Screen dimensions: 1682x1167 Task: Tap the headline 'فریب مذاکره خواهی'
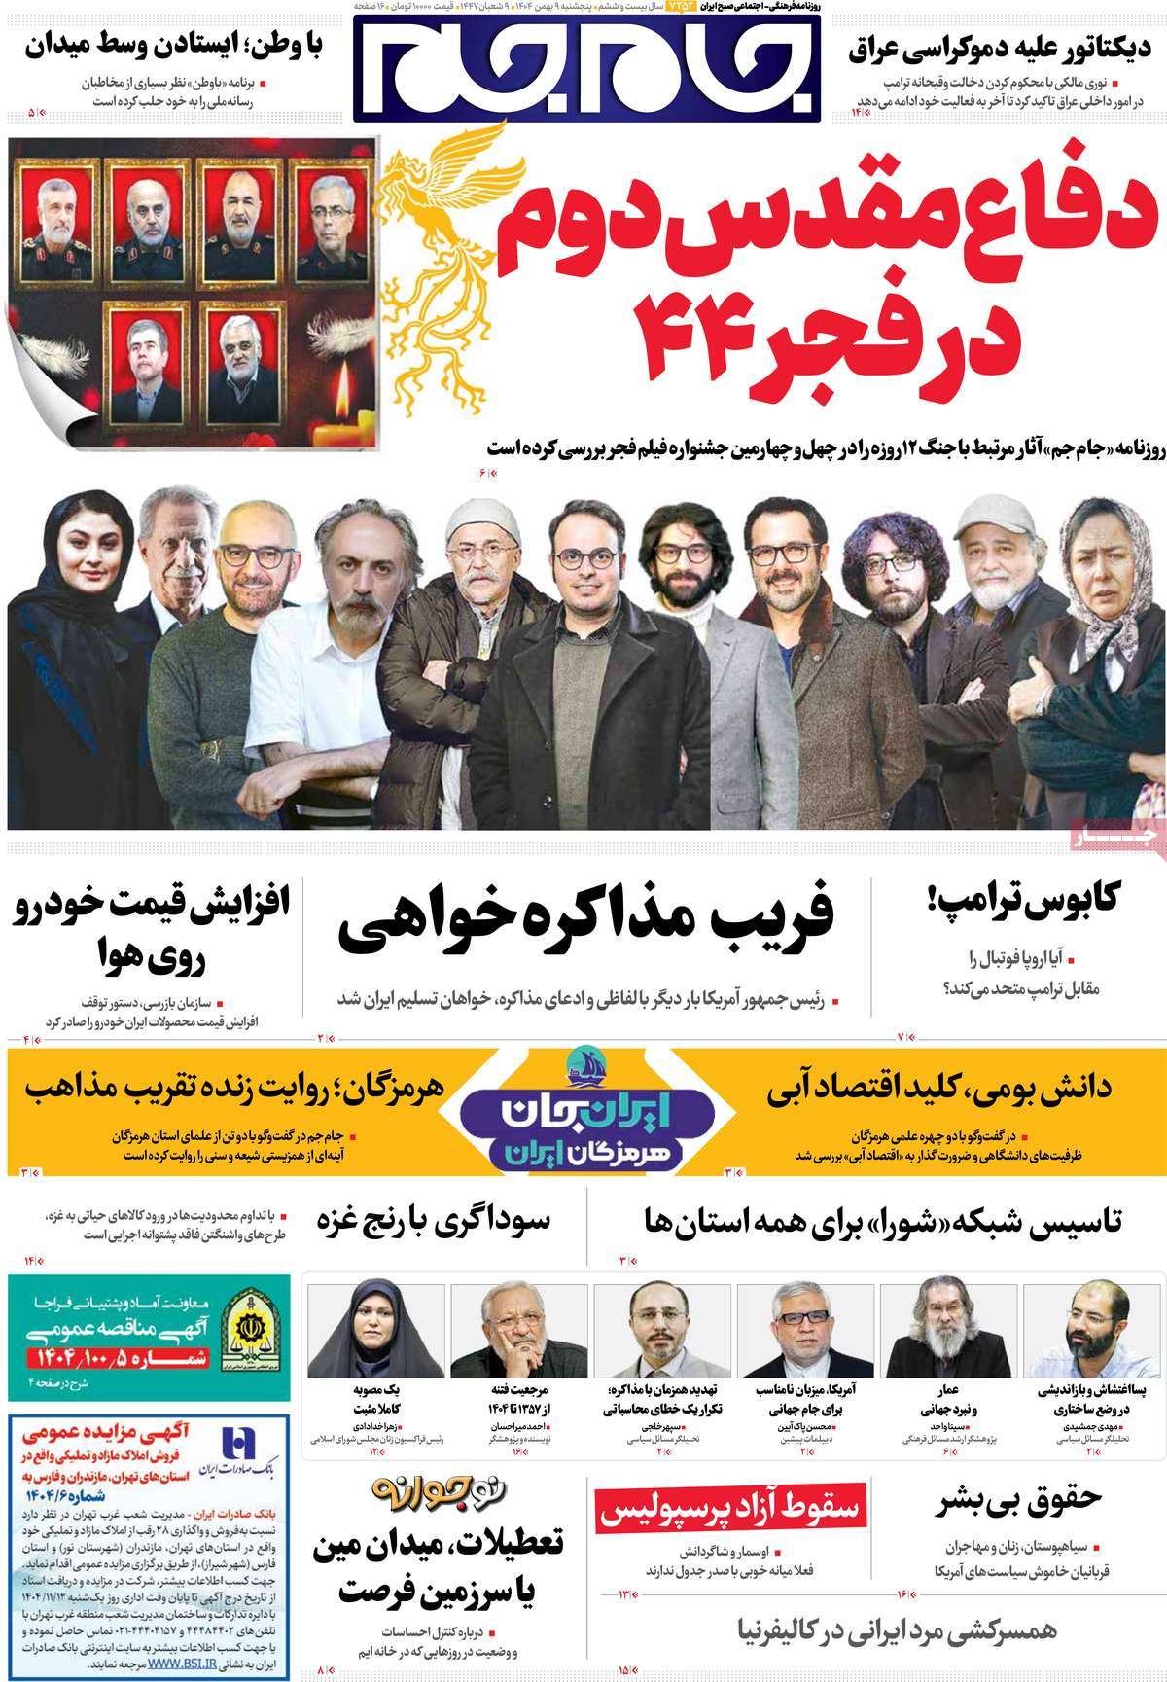point(586,920)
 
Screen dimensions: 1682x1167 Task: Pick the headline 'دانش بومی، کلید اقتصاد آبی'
point(938,1089)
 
